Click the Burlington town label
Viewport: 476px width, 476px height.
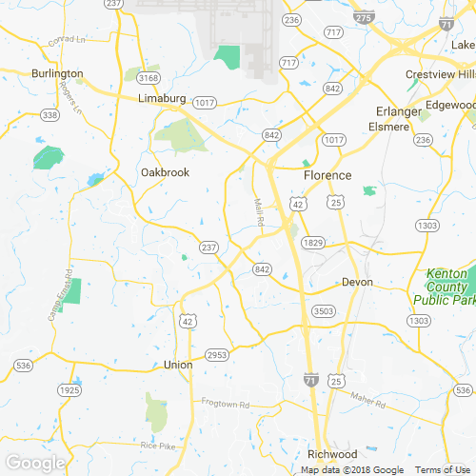(x=57, y=73)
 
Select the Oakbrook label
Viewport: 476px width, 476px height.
(x=165, y=172)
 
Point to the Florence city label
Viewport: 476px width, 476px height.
(x=327, y=176)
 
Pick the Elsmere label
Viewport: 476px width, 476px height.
(x=388, y=127)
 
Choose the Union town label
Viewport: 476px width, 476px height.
(x=178, y=365)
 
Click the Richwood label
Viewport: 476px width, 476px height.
(x=331, y=454)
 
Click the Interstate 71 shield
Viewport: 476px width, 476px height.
(x=311, y=380)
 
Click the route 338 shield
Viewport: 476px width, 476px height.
(x=50, y=115)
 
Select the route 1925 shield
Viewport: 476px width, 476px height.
(x=69, y=391)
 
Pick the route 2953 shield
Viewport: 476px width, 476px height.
(x=217, y=355)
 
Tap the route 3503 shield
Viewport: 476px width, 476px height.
(x=324, y=311)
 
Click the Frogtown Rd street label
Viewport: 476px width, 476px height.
(x=225, y=404)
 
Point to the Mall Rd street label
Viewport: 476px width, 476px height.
(x=259, y=211)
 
